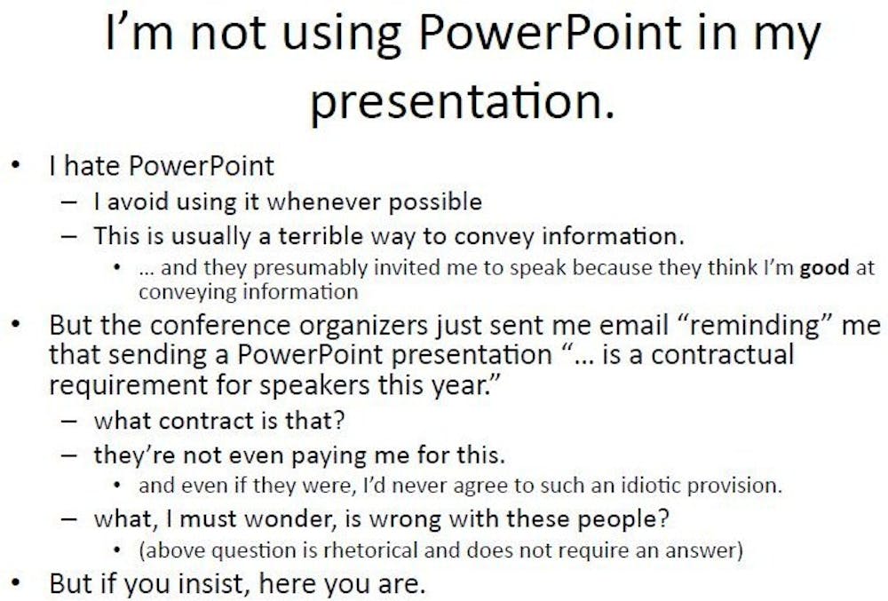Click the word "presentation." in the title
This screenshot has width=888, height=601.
tap(462, 102)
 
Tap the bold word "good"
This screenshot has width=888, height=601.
tap(824, 268)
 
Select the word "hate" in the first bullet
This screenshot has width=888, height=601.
tap(91, 166)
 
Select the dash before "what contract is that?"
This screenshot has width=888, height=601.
tap(69, 421)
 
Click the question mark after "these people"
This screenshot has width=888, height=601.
tap(662, 518)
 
